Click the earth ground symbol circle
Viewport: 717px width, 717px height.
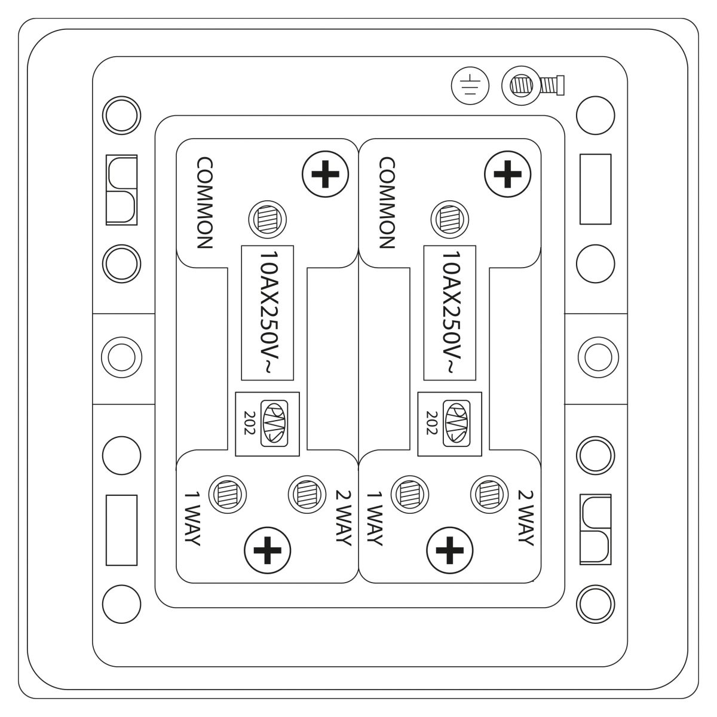click(x=470, y=86)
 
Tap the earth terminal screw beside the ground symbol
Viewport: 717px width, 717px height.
click(x=533, y=85)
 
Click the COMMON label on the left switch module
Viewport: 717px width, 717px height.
click(x=205, y=203)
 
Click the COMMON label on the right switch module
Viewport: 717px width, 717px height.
click(x=387, y=203)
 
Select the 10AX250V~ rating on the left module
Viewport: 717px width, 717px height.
click(x=268, y=312)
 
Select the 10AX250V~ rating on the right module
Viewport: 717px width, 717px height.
click(x=451, y=312)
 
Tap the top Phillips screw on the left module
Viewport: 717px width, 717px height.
click(x=325, y=174)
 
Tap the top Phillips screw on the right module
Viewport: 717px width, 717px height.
click(x=507, y=174)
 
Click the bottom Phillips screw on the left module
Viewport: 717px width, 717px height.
click(x=267, y=550)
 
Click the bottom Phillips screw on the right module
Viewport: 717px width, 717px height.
click(x=449, y=550)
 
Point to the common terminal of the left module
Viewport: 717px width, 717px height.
click(x=268, y=219)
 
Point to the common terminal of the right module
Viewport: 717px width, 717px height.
click(x=450, y=219)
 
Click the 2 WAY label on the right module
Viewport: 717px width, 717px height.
click(x=526, y=518)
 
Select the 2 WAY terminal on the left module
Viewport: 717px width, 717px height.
click(x=307, y=495)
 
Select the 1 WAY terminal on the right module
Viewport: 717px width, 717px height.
click(x=410, y=495)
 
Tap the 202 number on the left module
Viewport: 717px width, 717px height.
click(x=249, y=422)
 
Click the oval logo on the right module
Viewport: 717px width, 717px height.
click(x=456, y=424)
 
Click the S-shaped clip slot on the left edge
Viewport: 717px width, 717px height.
click(x=122, y=190)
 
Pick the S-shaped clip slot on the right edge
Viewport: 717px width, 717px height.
click(x=595, y=529)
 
